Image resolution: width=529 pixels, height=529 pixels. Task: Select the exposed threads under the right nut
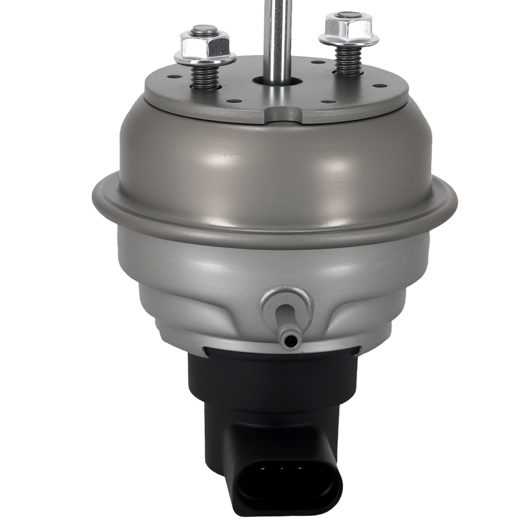(x=348, y=61)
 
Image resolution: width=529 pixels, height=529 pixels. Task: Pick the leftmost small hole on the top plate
(x=173, y=77)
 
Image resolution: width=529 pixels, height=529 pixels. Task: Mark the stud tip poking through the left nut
(x=205, y=29)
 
